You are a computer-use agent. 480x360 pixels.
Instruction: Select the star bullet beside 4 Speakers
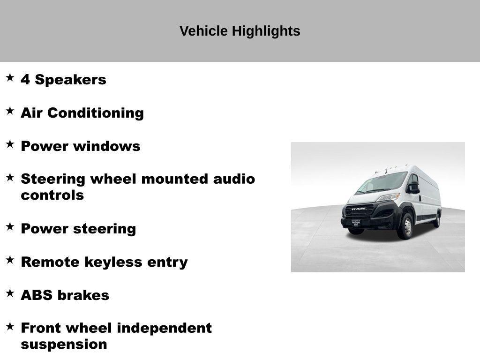[x=10, y=78]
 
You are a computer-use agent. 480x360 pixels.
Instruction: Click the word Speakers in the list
[x=71, y=80]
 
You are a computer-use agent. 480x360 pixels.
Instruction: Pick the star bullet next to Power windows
[x=10, y=144]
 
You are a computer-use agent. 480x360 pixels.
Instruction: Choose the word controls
[x=52, y=195]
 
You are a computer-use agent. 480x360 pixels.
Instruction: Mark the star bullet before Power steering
[x=10, y=227]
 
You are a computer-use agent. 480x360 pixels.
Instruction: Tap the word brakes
[x=83, y=295]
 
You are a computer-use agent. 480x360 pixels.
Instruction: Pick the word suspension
[x=64, y=345]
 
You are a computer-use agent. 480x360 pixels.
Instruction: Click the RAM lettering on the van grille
[x=359, y=209]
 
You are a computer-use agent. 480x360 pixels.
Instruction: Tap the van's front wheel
[x=406, y=227]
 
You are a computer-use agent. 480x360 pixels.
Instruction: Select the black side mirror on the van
[x=414, y=187]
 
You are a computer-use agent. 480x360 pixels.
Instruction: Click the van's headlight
[x=389, y=197]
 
